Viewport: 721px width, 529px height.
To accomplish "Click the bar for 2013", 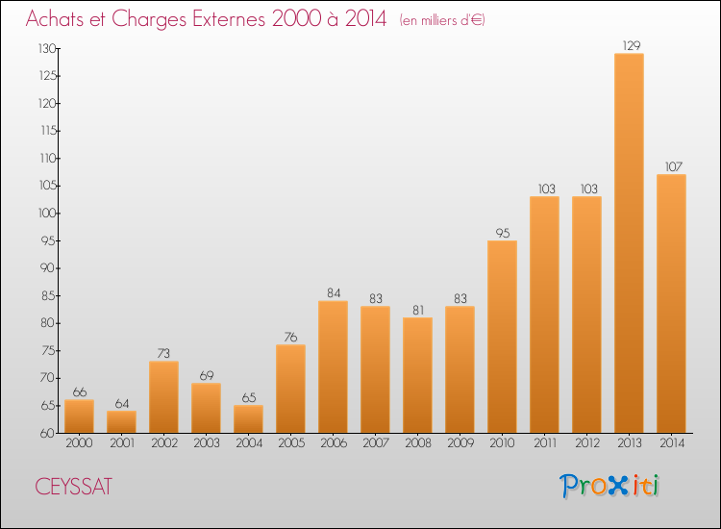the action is click(629, 243).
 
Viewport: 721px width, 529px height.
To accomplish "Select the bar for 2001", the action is click(121, 422).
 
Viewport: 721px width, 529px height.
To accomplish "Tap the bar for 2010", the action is click(502, 337).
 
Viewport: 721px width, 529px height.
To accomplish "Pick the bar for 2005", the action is click(290, 389).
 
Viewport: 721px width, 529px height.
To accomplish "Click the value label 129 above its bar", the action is click(632, 45).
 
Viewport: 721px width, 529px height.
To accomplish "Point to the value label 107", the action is click(674, 166).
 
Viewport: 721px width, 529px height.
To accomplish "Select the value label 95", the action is click(503, 233).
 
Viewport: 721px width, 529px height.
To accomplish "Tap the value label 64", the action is click(122, 403).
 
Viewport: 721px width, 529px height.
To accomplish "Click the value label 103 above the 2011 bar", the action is click(547, 189).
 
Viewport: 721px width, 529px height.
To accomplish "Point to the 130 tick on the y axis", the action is click(47, 48).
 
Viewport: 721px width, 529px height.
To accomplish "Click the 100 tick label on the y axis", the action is click(47, 214).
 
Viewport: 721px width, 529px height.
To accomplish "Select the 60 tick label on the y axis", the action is click(47, 434).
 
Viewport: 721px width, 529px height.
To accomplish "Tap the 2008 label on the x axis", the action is click(418, 443).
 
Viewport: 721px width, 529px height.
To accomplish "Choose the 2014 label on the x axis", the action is click(672, 443).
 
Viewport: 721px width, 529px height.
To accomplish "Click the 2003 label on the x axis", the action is click(207, 443).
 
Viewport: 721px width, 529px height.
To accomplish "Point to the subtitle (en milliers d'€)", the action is click(442, 20).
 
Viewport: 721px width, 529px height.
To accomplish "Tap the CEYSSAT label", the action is click(74, 487).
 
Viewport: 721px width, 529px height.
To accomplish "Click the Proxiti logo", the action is click(609, 486).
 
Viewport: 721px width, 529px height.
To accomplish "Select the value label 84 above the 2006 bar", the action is click(334, 293).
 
